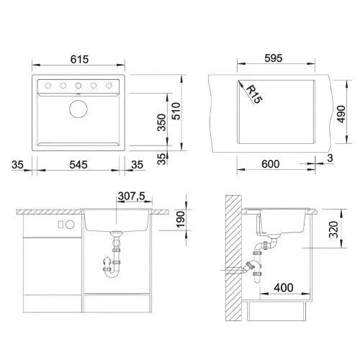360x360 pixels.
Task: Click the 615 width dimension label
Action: [79, 59]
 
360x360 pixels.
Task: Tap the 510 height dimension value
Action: [176, 111]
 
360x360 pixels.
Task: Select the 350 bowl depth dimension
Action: [161, 122]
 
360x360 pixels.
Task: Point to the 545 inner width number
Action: [78, 165]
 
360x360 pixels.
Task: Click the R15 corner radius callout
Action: [254, 94]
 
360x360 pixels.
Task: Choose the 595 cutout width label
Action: [274, 58]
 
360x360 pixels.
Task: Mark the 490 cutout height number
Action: [341, 114]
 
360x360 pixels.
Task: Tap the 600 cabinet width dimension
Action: [271, 164]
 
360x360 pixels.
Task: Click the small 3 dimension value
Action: [330, 158]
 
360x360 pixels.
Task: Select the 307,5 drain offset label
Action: [132, 196]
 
